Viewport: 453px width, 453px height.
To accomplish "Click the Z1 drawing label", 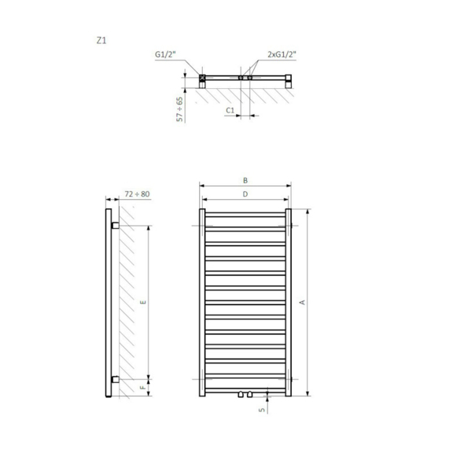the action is (x=101, y=41).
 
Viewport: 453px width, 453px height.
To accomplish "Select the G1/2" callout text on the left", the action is (x=165, y=54).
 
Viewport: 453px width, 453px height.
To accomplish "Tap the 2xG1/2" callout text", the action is (x=282, y=54).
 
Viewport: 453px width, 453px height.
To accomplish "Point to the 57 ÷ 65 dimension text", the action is (x=179, y=109).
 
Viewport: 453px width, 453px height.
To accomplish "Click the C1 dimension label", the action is (x=230, y=110).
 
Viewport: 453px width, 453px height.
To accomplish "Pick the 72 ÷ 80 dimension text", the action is (x=137, y=193).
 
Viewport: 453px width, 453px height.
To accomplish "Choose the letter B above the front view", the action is (x=245, y=181).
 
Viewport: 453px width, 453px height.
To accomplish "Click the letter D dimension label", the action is (x=245, y=193).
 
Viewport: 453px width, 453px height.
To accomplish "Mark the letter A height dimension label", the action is (x=302, y=302).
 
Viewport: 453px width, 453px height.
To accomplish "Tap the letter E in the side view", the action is (x=143, y=302).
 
